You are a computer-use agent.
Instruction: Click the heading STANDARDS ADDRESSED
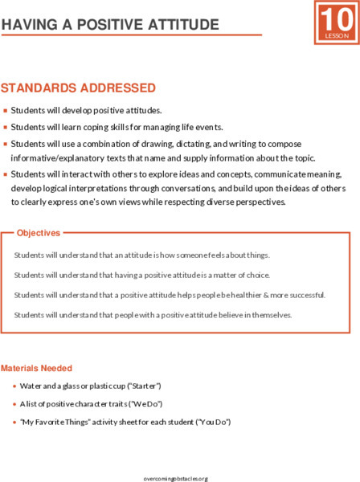pyautogui.click(x=78, y=87)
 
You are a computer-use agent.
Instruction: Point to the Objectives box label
pyautogui.click(x=39, y=233)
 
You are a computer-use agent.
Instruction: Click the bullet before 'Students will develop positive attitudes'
pyautogui.click(x=5, y=110)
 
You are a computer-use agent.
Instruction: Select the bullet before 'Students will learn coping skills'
pyautogui.click(x=5, y=127)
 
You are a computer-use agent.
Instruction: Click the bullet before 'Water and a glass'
pyautogui.click(x=15, y=386)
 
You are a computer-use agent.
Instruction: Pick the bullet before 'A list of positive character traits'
pyautogui.click(x=15, y=403)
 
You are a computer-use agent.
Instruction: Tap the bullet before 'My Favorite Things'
pyautogui.click(x=15, y=421)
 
